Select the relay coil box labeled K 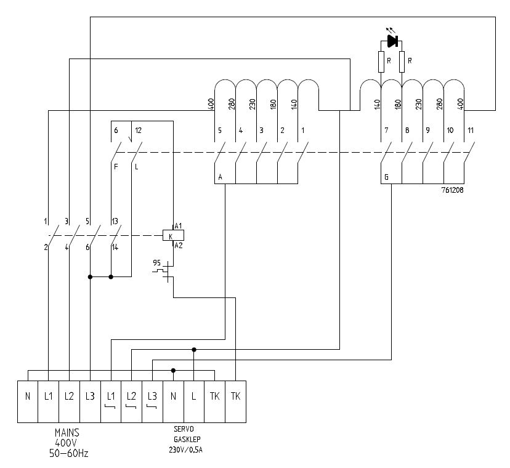click(173, 236)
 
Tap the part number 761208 click(451, 191)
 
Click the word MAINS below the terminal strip click(67, 433)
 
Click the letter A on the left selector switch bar click(220, 177)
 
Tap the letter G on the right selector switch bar click(386, 177)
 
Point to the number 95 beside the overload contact click(157, 263)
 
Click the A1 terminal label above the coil click(179, 226)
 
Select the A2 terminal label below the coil click(179, 246)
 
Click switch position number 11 click(471, 131)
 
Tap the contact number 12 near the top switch click(139, 131)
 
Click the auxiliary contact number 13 click(115, 221)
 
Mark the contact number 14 click(115, 248)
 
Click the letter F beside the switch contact click(115, 166)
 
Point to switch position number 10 click(450, 131)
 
